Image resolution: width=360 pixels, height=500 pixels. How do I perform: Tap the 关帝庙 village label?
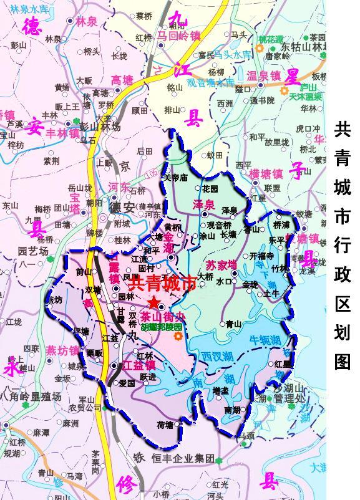tap(175, 178)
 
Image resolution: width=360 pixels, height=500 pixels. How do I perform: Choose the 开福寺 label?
tap(262, 256)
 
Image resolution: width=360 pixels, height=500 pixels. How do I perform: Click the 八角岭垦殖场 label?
tap(32, 395)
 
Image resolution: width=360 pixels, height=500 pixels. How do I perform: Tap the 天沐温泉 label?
tap(306, 97)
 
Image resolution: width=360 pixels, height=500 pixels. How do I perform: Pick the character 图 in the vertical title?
tap(343, 360)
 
